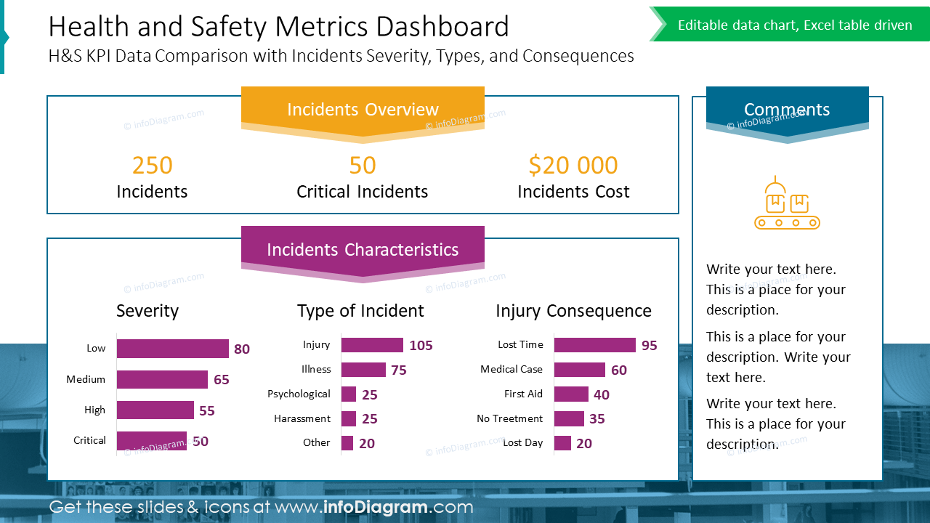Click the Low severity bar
(x=172, y=349)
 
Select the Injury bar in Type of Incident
(x=371, y=345)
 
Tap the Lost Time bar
(x=594, y=345)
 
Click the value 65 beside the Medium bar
(x=222, y=380)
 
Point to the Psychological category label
(x=299, y=394)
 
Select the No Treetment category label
(x=509, y=418)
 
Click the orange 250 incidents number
(x=153, y=166)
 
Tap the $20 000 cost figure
(x=573, y=166)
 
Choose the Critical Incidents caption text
(x=362, y=192)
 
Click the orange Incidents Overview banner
(x=363, y=109)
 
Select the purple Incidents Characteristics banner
(x=363, y=250)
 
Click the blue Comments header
(x=787, y=110)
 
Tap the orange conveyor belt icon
(x=787, y=203)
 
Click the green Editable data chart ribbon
(x=794, y=25)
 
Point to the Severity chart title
(x=147, y=311)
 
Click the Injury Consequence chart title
(x=573, y=311)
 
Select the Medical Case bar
(x=579, y=370)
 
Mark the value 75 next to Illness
(x=399, y=370)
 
